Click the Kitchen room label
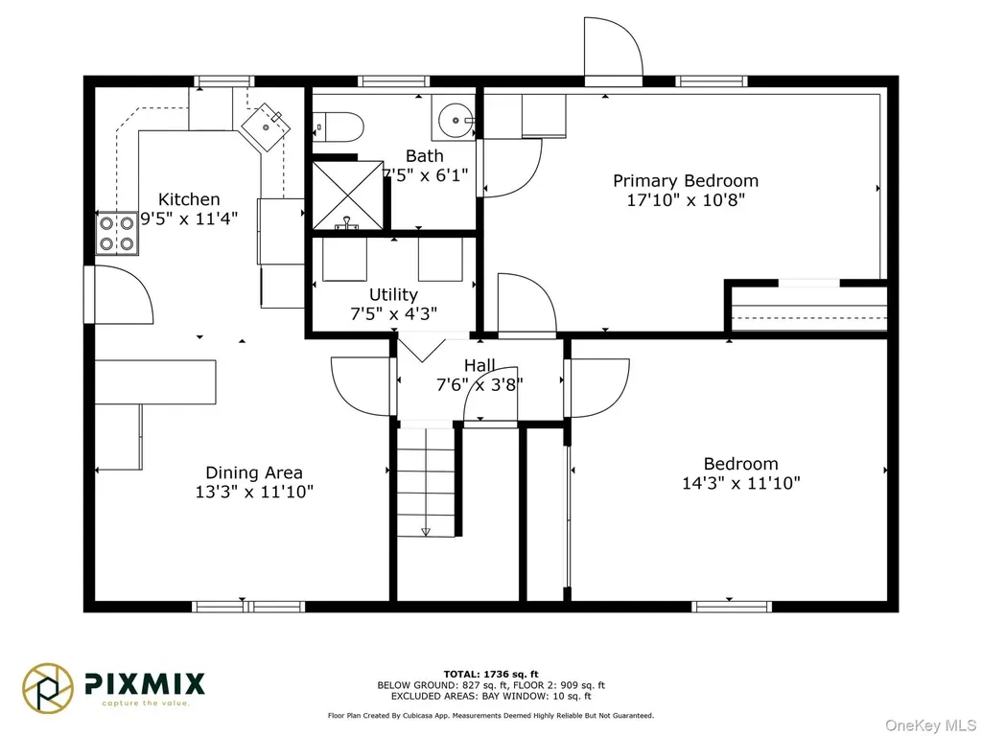tap(189, 199)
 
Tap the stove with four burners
tap(117, 233)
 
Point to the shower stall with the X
tap(347, 195)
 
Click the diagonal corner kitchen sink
tap(267, 127)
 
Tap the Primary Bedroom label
tap(686, 181)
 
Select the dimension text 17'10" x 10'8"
tap(686, 200)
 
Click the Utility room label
tap(393, 294)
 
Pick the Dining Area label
tap(254, 472)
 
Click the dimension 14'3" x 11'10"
tap(741, 483)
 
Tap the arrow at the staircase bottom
tap(426, 531)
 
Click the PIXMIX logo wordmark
tap(145, 684)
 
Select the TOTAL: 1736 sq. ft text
tap(491, 674)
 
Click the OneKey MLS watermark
tap(930, 725)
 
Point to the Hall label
tap(479, 365)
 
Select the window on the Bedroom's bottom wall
tap(732, 606)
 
